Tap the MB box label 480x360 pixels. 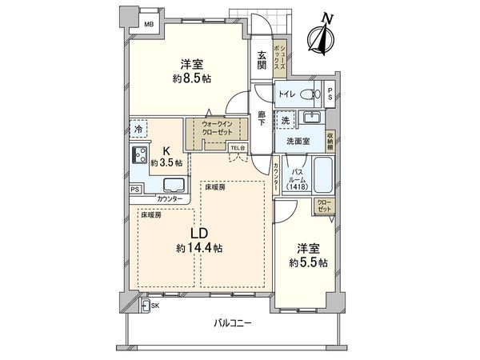148,25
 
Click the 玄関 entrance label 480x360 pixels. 262,61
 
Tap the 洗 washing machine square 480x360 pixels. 285,119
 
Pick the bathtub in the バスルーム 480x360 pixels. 322,176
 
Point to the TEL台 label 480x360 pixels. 238,148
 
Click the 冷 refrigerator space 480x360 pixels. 139,128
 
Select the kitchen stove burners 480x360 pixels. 136,156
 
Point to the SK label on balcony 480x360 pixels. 154,306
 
